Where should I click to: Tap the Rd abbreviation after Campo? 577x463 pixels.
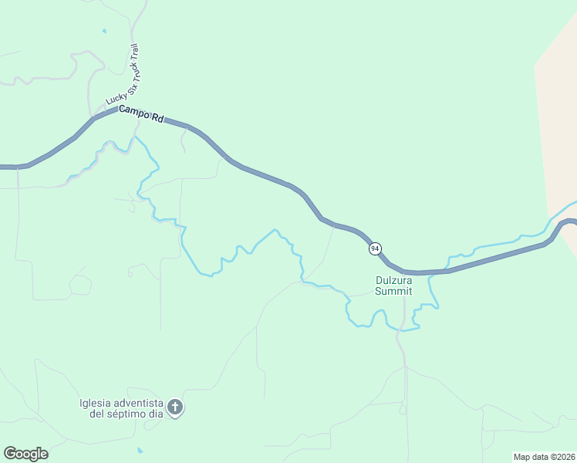[x=157, y=119]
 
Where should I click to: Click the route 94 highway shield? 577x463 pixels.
[x=374, y=248]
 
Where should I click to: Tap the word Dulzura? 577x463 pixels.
[x=394, y=281]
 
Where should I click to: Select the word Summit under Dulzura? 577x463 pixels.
[x=393, y=292]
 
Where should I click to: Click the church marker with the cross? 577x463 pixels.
[x=175, y=407]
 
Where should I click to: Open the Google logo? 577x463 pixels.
[x=25, y=454]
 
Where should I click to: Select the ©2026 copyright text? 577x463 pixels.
[x=562, y=457]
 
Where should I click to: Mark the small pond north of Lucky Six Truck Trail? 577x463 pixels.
[x=104, y=32]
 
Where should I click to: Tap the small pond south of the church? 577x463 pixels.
[x=139, y=450]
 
